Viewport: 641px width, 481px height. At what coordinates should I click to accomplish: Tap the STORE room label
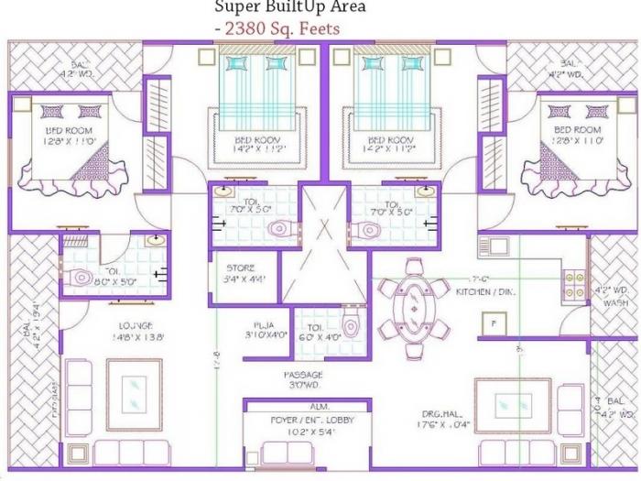241,268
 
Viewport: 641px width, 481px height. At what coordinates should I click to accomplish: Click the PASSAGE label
303,373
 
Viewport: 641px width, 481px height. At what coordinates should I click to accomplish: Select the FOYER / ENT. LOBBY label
307,420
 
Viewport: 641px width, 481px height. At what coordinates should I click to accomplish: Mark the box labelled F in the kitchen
494,323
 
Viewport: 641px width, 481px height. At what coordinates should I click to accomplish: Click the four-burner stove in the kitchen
573,284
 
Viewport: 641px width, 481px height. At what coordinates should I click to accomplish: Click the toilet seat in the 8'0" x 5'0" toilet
81,276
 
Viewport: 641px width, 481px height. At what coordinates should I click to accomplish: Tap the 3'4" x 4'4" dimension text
244,279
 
